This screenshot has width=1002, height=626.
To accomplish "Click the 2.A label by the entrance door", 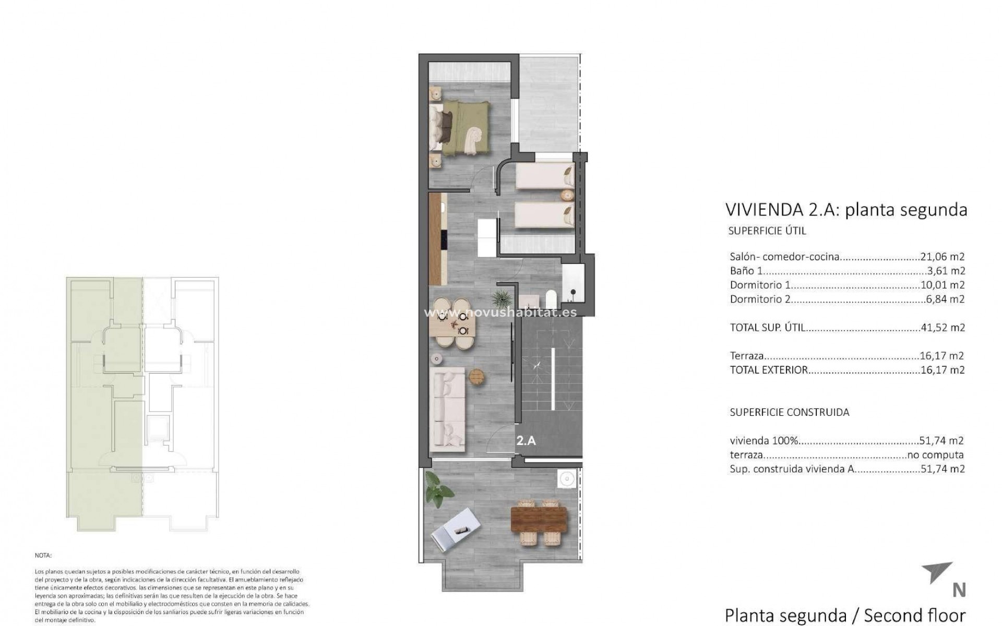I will (526, 440).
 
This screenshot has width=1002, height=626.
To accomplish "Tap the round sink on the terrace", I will (566, 478).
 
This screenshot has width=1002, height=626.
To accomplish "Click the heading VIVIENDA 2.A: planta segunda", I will (846, 210).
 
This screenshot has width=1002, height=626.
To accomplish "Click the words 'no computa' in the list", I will (935, 455).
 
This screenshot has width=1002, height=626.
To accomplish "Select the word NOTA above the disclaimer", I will (43, 556).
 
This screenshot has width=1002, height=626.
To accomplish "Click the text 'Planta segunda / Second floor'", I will (845, 615).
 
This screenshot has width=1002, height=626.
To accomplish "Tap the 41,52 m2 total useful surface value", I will (942, 328).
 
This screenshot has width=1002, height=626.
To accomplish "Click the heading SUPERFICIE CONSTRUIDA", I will (789, 412).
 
